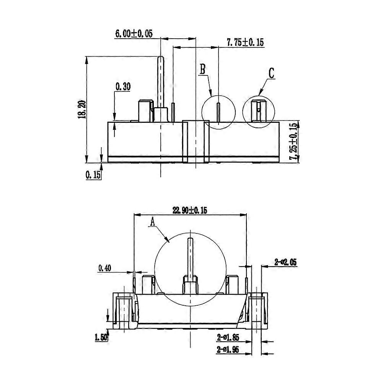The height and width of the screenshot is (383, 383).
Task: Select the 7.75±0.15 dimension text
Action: [245, 42]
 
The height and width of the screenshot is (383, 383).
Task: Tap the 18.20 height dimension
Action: [81, 110]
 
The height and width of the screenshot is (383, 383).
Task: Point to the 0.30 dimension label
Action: [123, 87]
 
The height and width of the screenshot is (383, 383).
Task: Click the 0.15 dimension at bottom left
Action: [93, 175]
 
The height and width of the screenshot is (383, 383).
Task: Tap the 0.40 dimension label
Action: [104, 268]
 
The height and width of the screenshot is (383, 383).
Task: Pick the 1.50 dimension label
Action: [101, 337]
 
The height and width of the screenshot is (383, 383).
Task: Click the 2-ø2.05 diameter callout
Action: [285, 262]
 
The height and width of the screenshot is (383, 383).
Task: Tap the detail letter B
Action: [203, 69]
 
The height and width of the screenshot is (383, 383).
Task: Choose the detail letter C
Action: [271, 73]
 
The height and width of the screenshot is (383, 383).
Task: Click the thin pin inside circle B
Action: [218, 113]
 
